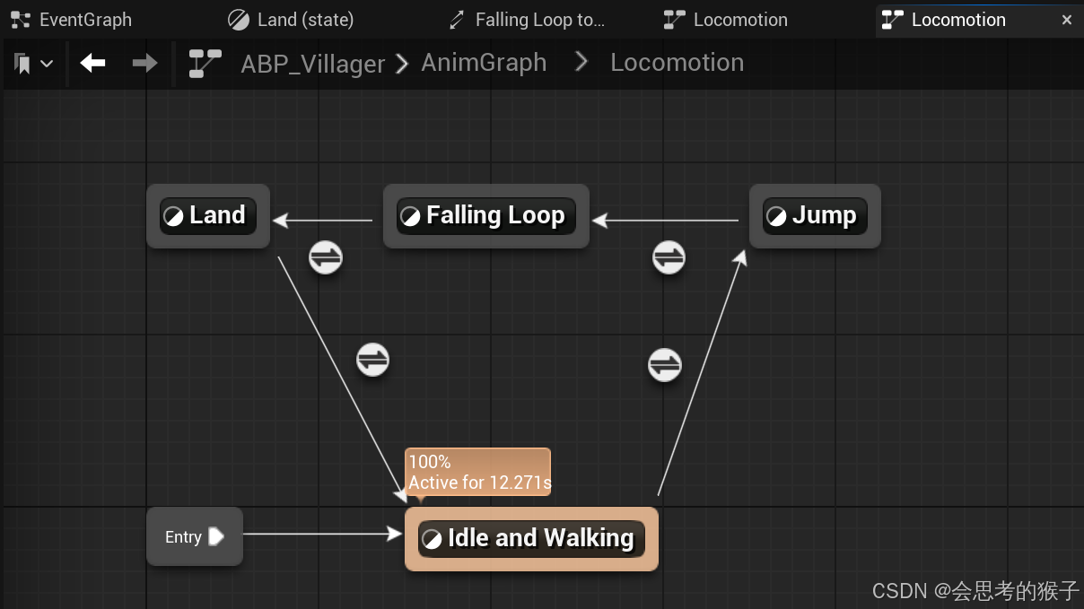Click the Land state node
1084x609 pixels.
point(207,216)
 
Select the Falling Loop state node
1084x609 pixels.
point(485,216)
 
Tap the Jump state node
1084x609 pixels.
point(814,216)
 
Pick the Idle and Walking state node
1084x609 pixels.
point(531,538)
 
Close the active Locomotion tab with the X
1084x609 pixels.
point(1067,20)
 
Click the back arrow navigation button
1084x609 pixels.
point(93,63)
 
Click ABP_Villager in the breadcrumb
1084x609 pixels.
point(312,64)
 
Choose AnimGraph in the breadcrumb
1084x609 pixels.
point(484,63)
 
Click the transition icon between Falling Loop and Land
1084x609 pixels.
point(326,257)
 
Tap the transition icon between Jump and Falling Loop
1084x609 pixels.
point(669,257)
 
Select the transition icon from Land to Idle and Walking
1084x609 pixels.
point(372,360)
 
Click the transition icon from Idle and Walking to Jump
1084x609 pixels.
point(665,365)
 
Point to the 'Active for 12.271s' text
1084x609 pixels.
point(479,483)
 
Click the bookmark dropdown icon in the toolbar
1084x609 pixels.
point(33,64)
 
